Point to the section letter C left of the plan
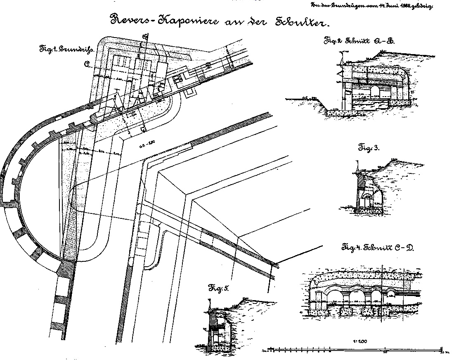point(87,64)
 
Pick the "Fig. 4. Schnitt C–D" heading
point(377,248)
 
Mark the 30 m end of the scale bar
point(442,352)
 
